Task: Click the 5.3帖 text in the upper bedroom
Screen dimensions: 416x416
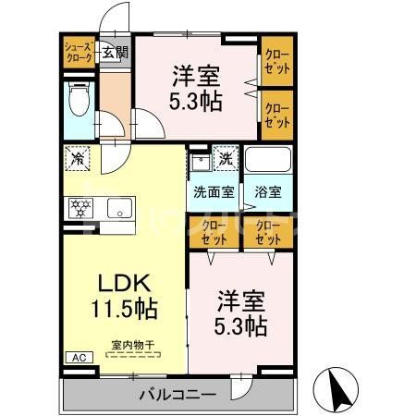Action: (x=195, y=101)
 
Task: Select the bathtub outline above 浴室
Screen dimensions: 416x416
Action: (x=268, y=160)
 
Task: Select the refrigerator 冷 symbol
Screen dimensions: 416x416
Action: (x=79, y=158)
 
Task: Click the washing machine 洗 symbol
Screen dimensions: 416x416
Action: (x=226, y=158)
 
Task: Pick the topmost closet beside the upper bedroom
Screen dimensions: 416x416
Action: (x=276, y=60)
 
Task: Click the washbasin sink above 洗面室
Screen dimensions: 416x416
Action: (x=198, y=165)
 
